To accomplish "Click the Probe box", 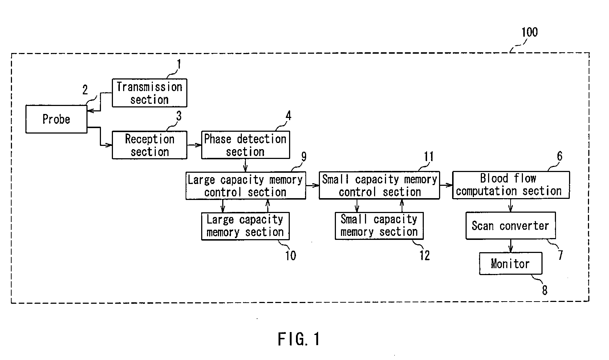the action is pyautogui.click(x=56, y=119).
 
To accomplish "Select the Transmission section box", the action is pyautogui.click(x=150, y=93).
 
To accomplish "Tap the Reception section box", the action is pyautogui.click(x=150, y=145).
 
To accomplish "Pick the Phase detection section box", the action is pyautogui.click(x=245, y=145).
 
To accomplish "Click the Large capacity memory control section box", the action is pyautogui.click(x=246, y=185).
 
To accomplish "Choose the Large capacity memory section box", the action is pyautogui.click(x=245, y=226).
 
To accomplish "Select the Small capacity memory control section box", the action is pyautogui.click(x=379, y=185).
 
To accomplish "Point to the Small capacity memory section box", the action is pyautogui.click(x=379, y=226).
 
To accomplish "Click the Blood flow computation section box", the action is pyautogui.click(x=511, y=185).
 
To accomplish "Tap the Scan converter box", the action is pyautogui.click(x=511, y=225).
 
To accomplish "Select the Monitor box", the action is pyautogui.click(x=511, y=263).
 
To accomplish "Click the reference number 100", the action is pyautogui.click(x=529, y=32).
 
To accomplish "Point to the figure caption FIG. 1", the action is pyautogui.click(x=299, y=339).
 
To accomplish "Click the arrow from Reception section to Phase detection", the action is pyautogui.click(x=194, y=145).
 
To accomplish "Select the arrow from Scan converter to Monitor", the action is pyautogui.click(x=511, y=246).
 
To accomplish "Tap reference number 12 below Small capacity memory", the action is pyautogui.click(x=425, y=255).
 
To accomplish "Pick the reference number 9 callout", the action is pyautogui.click(x=304, y=156).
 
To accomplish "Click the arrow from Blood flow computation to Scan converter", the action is pyautogui.click(x=510, y=205).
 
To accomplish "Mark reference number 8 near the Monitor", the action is pyautogui.click(x=545, y=290).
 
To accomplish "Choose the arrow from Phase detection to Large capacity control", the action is pyautogui.click(x=245, y=165).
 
